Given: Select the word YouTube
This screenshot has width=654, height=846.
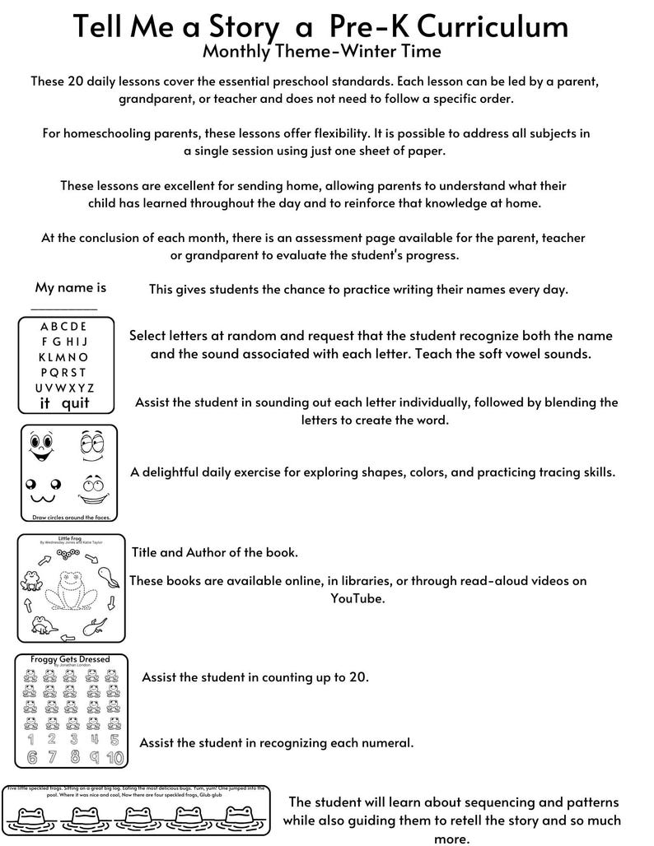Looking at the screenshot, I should click(358, 598).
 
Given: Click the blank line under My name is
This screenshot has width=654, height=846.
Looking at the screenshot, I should click(63, 309).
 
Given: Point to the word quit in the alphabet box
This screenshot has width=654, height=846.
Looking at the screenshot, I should click(75, 403).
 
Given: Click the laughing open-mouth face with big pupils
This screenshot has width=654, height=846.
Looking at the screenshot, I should click(40, 447).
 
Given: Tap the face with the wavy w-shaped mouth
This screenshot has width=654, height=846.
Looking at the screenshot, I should click(40, 491).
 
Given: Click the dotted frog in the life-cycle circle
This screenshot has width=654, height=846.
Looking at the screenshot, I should click(68, 590).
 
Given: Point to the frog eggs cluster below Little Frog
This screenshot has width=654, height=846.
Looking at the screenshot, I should click(67, 554).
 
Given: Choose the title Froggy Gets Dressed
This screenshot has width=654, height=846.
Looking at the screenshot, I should click(68, 659).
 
